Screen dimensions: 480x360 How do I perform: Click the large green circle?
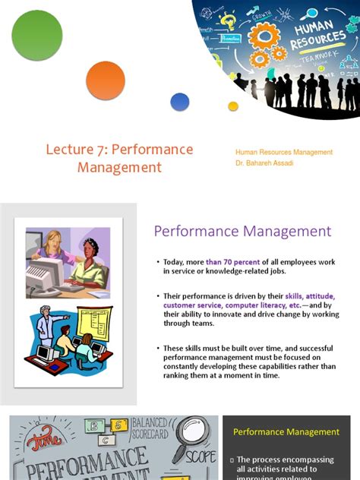pos(37,36)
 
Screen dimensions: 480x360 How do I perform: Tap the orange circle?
pos(106,81)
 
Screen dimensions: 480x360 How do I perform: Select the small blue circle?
pos(180,102)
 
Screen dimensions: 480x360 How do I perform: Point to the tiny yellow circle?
pos(233,106)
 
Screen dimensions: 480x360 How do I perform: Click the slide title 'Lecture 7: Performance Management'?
pos(119,158)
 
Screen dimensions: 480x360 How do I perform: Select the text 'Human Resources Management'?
pos(284,152)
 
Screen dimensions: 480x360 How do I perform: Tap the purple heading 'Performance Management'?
pos(243,232)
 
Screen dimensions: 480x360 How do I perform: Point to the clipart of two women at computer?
pos(68,263)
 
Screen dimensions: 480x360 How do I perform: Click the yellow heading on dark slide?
pos(286,432)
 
